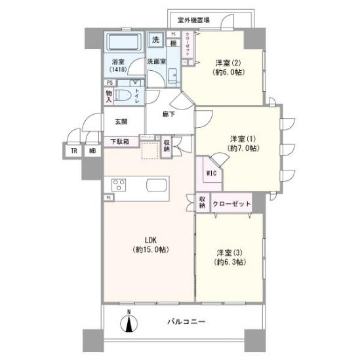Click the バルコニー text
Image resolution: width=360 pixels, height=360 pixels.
(186, 322)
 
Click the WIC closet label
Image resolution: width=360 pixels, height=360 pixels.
(210, 173)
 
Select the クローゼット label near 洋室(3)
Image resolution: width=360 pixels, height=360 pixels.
(231, 204)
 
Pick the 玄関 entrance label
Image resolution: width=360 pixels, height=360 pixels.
(121, 121)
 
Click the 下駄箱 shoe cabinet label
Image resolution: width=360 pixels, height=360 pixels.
(119, 141)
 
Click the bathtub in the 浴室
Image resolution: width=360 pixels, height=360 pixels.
(121, 44)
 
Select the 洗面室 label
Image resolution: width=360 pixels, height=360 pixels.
(156, 62)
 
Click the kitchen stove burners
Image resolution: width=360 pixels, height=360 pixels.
(119, 184)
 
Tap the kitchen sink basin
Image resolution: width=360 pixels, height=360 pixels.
(157, 184)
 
